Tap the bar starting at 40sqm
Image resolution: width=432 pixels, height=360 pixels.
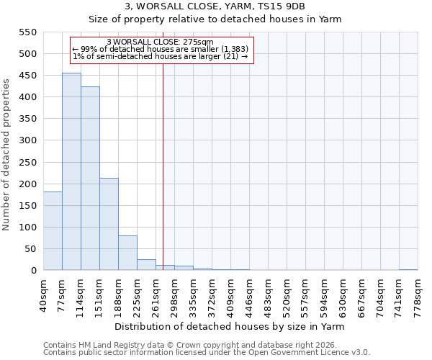53,231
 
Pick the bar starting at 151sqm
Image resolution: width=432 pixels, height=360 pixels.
109,224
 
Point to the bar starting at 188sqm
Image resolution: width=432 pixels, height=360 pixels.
127,253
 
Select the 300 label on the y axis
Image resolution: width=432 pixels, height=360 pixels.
27,140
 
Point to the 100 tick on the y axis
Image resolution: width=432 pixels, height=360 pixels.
27,228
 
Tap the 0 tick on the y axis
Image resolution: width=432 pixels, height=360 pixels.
33,271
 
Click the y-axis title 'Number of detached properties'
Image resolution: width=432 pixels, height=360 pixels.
6,155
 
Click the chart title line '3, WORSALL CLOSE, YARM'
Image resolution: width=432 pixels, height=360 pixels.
215,6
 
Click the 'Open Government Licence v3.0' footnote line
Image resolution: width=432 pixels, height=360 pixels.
207,353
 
